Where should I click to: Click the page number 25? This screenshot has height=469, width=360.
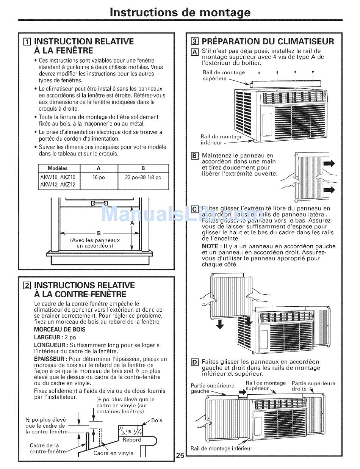point(180,455)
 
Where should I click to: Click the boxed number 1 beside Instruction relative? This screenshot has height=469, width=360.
point(27,42)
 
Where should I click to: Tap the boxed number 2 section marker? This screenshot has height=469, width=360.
point(27,285)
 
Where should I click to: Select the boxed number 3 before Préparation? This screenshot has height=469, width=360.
point(194,42)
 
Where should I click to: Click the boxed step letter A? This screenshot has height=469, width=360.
point(195,52)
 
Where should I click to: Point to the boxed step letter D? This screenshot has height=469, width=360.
point(195,362)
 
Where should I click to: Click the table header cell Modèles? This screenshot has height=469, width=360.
point(58,168)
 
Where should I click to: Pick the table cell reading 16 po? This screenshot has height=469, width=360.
point(99,177)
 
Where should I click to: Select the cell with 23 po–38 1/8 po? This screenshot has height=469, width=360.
point(143,177)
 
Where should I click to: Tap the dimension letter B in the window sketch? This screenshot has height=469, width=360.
point(99,234)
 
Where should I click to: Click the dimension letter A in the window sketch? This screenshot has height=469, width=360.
point(132,223)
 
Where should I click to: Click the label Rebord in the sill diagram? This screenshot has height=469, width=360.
point(132,440)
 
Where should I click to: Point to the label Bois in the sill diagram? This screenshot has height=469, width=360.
point(157,420)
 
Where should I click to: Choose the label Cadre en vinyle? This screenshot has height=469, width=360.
point(113,453)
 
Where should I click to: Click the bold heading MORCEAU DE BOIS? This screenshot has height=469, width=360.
point(60,329)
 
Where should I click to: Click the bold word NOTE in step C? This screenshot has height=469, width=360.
point(210,246)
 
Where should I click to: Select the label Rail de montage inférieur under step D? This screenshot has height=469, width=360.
point(221,449)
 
